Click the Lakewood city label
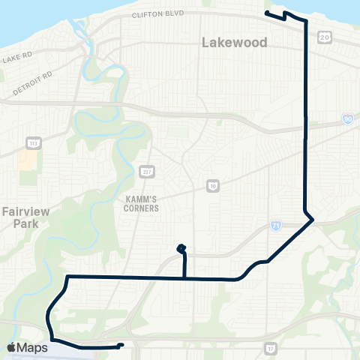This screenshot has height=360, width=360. coord(234,43)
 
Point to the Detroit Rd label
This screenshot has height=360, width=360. coord(32,83)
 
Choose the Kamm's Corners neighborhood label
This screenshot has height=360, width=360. coord(142,203)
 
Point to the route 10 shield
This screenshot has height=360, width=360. coord(213,185)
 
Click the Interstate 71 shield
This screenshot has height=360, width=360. coord(276,225)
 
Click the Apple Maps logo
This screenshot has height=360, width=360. coord(27,348)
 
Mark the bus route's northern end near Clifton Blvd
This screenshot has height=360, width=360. coord(267,13)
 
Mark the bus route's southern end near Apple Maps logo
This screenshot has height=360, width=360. coord(121,346)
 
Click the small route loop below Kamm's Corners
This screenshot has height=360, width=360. coord(181,248)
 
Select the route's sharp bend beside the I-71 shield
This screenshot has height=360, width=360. coord(313,219)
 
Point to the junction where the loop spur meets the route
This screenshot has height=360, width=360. coord(184,278)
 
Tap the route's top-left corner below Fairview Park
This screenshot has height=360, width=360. coord(68,277)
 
